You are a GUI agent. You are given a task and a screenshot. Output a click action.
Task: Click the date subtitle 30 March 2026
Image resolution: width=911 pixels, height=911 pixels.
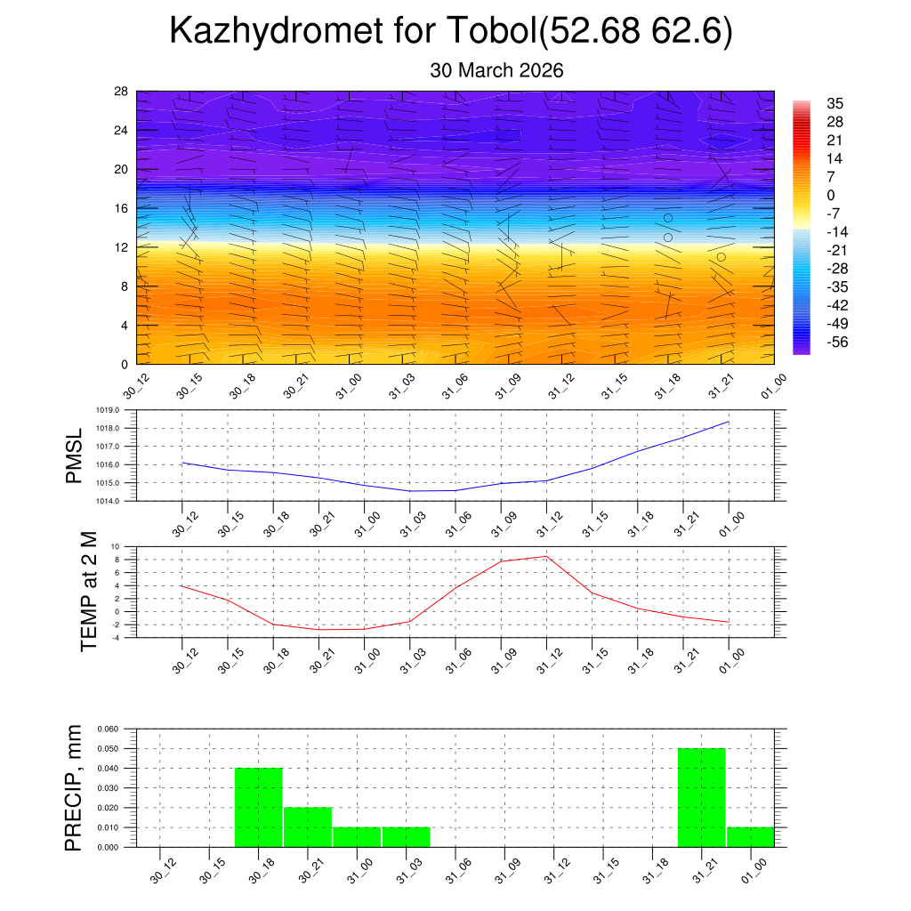[496, 70]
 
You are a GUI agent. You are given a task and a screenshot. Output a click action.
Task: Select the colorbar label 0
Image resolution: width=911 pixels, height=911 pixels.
[831, 196]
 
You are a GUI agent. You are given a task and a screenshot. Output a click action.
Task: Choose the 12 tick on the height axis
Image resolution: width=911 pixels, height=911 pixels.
[122, 247]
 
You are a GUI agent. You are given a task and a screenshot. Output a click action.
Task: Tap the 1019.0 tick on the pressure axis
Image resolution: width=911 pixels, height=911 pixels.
[118, 411]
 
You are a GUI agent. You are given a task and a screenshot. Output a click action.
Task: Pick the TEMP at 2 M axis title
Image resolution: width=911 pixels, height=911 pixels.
[89, 591]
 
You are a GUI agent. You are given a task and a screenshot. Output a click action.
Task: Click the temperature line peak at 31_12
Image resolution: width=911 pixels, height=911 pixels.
[546, 556]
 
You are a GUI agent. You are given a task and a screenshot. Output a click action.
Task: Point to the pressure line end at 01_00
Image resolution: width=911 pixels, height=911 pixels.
[729, 422]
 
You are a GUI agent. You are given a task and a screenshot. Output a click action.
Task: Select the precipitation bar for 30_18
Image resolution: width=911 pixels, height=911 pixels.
[259, 807]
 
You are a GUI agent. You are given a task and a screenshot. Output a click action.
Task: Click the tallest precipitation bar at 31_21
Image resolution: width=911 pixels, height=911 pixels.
[702, 797]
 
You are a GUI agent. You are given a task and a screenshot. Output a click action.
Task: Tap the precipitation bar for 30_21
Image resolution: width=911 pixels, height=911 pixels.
[308, 826]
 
